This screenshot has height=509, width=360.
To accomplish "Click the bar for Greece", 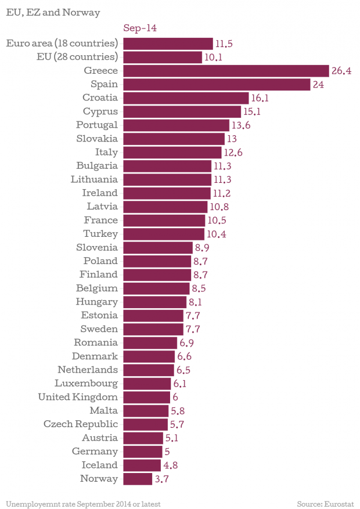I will [x=226, y=71].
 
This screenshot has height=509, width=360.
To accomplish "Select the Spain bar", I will [x=217, y=84].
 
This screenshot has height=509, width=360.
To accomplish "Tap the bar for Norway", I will [x=138, y=479].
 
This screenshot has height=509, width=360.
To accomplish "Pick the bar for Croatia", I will [x=186, y=98].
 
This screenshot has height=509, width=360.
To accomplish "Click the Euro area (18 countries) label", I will [x=62, y=44].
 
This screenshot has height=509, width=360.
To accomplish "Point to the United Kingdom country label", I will [x=78, y=397].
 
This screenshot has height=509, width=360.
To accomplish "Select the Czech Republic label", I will [x=81, y=424].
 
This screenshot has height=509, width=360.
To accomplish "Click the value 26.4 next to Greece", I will [x=341, y=71].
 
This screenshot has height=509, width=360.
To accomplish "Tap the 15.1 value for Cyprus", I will [x=252, y=111].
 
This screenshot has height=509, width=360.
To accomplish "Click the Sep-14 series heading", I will [x=140, y=28].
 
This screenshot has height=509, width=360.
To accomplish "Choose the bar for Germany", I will [x=143, y=452].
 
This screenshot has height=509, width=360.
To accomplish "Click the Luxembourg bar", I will [x=147, y=384].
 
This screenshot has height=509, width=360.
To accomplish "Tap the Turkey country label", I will [x=100, y=234].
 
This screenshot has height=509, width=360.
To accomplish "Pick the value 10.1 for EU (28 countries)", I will [x=214, y=57].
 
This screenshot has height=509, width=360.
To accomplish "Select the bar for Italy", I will [x=172, y=152].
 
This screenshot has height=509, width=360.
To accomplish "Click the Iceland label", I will [x=99, y=465].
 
